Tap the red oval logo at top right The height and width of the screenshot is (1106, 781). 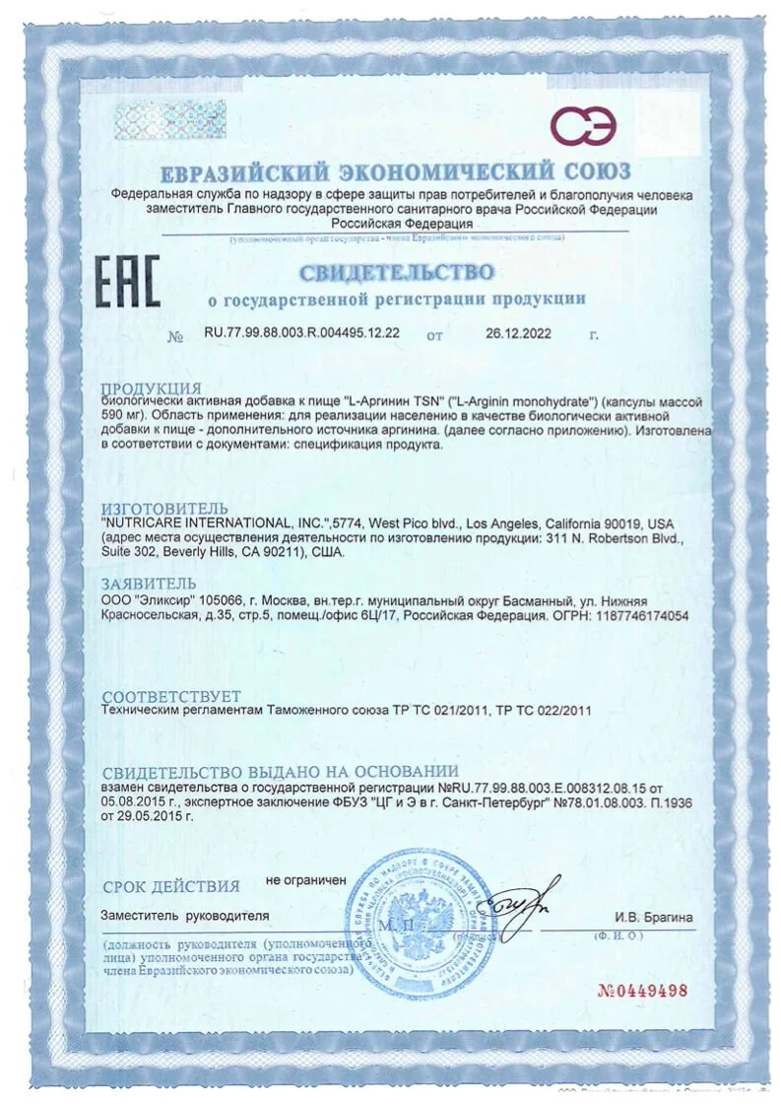pos(583,126)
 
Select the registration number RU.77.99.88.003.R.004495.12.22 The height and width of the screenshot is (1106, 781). pos(301,333)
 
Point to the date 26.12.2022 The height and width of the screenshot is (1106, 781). pos(518,333)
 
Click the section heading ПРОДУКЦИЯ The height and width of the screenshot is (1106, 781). pos(152,388)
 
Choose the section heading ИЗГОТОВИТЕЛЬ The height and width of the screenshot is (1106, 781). pos(164,508)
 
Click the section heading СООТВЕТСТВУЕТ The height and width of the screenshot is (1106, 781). pos(172,695)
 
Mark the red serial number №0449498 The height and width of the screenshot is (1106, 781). pos(642,991)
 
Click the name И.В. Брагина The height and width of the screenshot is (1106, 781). pos(654,918)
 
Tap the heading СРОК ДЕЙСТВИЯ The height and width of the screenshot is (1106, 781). pos(170,885)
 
